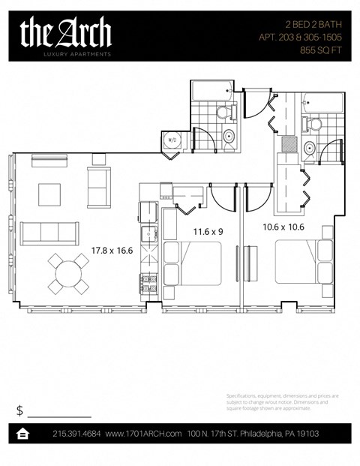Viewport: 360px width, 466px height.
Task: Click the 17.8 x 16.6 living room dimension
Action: (x=112, y=251)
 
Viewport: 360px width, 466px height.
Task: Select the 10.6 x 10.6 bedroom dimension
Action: (x=282, y=226)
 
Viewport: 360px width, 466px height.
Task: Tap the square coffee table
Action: (x=51, y=194)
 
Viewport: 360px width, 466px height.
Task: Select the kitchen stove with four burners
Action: (x=148, y=284)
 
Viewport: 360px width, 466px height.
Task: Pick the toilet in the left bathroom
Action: (x=223, y=113)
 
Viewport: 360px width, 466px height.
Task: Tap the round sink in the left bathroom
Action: (x=229, y=137)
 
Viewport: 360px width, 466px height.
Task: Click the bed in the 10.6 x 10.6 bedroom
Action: (x=300, y=263)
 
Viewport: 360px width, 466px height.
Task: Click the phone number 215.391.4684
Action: (x=77, y=434)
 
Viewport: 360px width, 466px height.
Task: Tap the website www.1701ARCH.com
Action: (x=143, y=434)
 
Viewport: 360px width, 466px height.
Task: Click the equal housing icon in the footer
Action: (x=23, y=434)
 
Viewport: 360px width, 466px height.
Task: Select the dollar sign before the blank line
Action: (x=19, y=410)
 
